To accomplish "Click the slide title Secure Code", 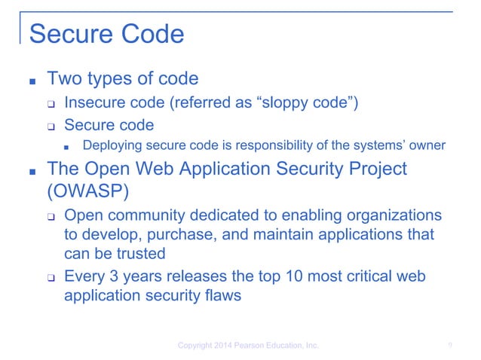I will [x=106, y=34].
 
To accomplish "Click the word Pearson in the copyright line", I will [x=253, y=346].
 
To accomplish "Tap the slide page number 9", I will [x=449, y=346].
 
